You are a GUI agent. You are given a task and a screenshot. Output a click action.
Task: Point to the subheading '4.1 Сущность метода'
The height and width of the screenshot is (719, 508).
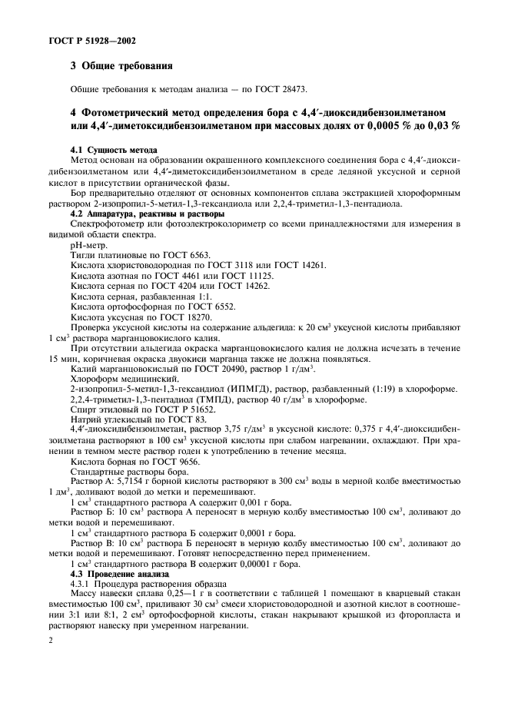click(x=114, y=149)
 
